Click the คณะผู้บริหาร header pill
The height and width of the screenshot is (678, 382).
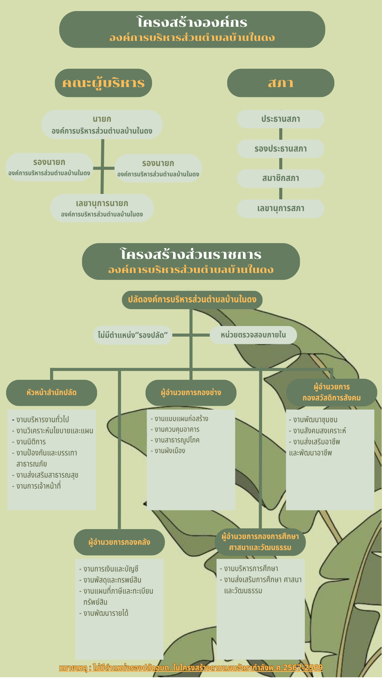pyautogui.click(x=103, y=83)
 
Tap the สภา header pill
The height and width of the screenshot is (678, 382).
pyautogui.click(x=280, y=83)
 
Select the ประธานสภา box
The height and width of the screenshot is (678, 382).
pyautogui.click(x=280, y=119)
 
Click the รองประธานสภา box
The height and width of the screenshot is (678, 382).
pyautogui.click(x=280, y=149)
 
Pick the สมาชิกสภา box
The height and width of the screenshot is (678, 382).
pyautogui.click(x=280, y=178)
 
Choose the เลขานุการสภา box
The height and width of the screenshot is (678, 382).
pyautogui.click(x=280, y=208)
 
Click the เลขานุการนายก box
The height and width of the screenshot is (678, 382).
pyautogui.click(x=102, y=208)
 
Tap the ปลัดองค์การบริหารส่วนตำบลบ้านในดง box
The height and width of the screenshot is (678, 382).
pyautogui.click(x=192, y=300)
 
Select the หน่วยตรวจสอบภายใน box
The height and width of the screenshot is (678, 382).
pyautogui.click(x=253, y=335)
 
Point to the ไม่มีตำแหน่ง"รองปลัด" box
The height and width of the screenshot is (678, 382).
pyautogui.click(x=133, y=335)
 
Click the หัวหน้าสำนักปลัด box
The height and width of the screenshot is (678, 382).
pyautogui.click(x=52, y=392)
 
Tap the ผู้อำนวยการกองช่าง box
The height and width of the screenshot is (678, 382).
pyautogui.click(x=191, y=392)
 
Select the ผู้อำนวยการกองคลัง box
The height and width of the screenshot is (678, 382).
pyautogui.click(x=119, y=542)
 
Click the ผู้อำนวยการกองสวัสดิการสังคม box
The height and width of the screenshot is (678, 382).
pyautogui.click(x=332, y=392)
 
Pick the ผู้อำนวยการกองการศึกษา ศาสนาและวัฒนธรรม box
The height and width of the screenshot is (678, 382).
pyautogui.click(x=260, y=542)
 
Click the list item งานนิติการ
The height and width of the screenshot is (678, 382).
pyautogui.click(x=31, y=442)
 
